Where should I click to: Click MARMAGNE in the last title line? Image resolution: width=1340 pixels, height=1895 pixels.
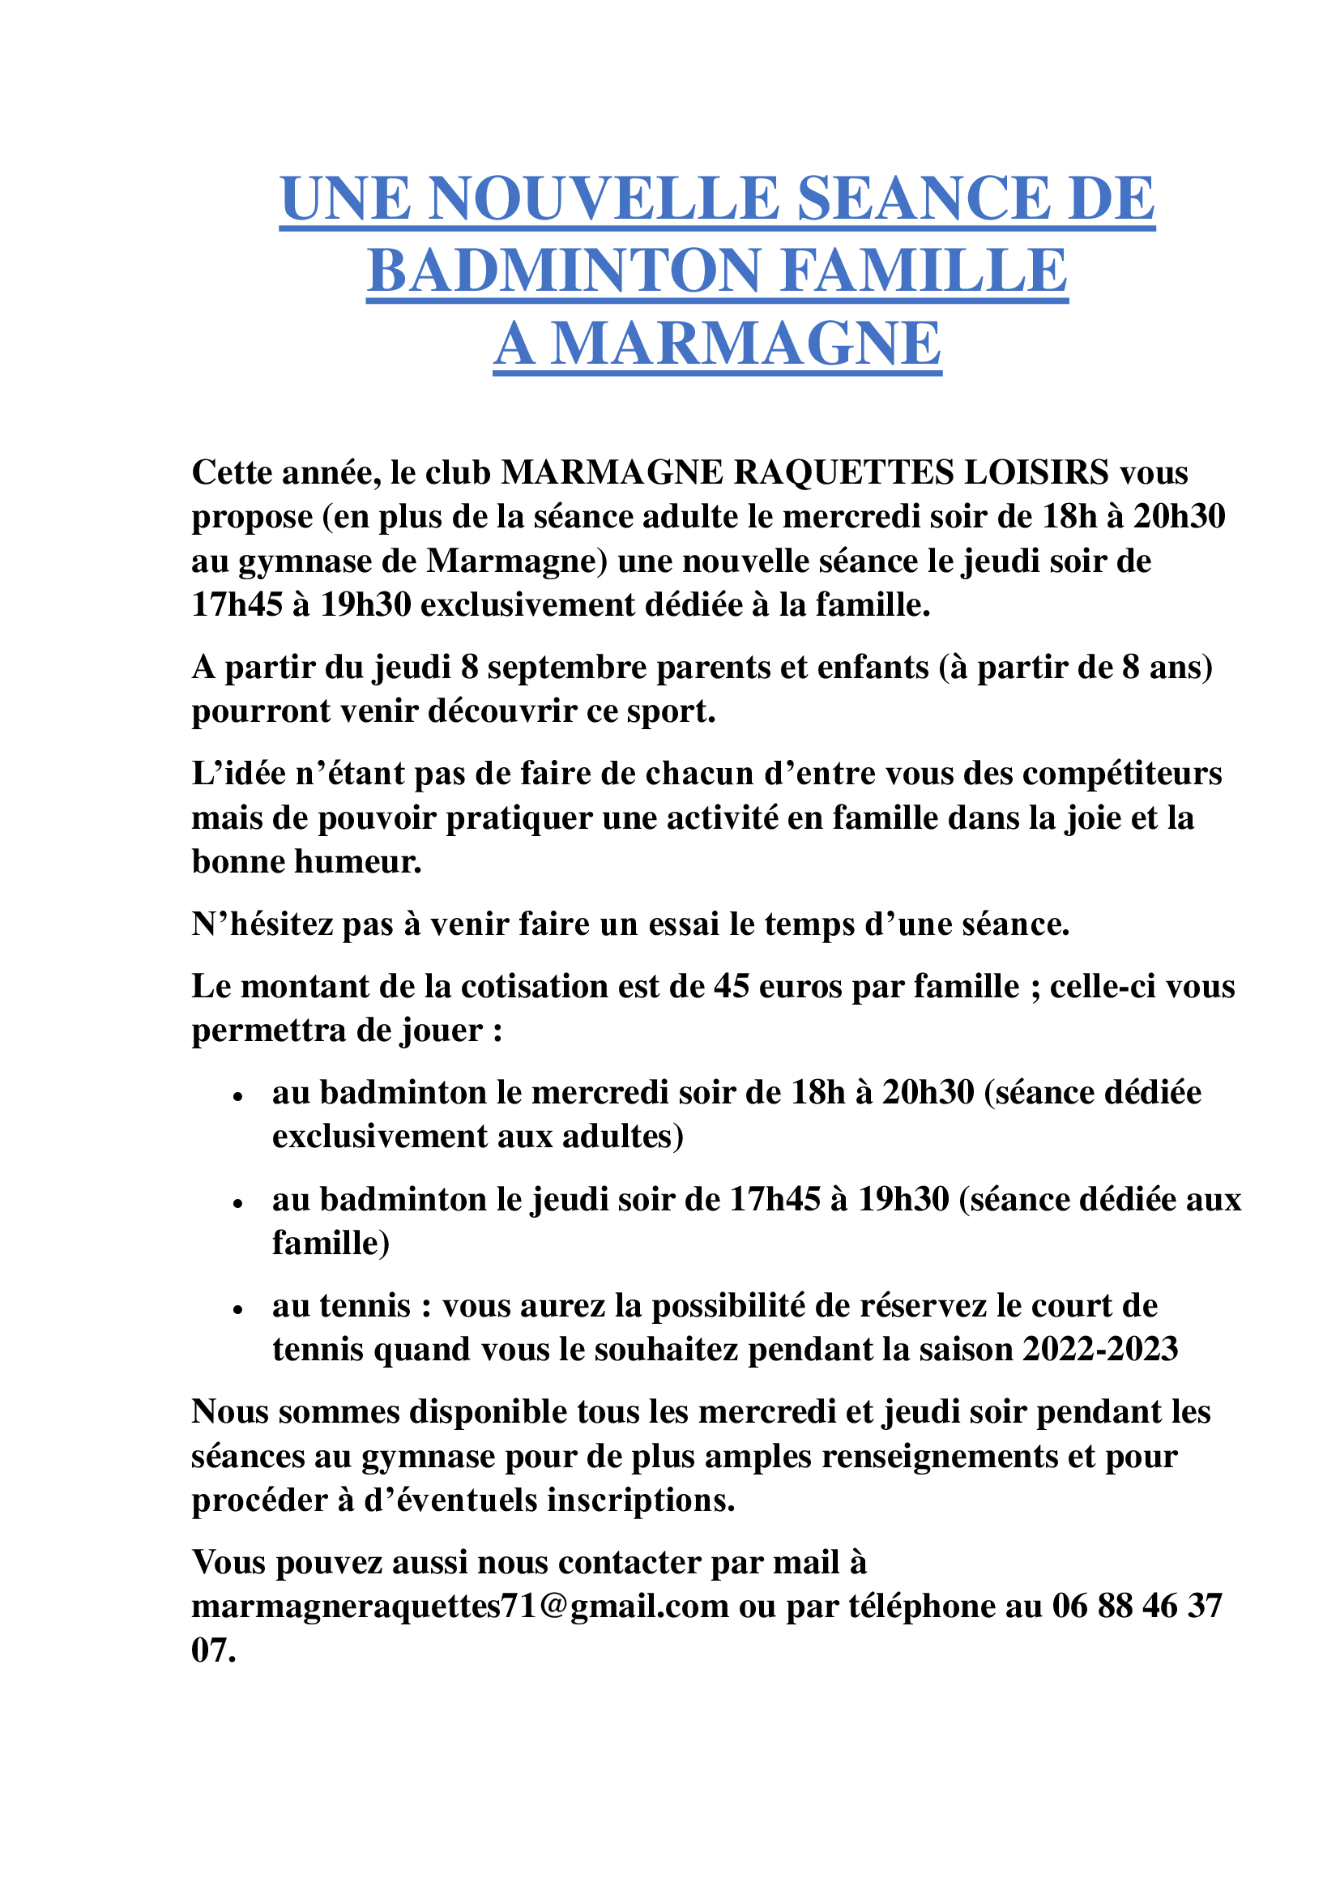tap(746, 344)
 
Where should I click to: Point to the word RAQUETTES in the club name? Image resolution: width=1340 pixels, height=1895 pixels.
tap(843, 472)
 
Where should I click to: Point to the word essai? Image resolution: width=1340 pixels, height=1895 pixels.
tap(683, 924)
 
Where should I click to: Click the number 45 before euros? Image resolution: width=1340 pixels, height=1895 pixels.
tap(731, 987)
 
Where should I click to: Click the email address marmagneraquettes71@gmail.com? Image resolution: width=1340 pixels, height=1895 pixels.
tap(460, 1606)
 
